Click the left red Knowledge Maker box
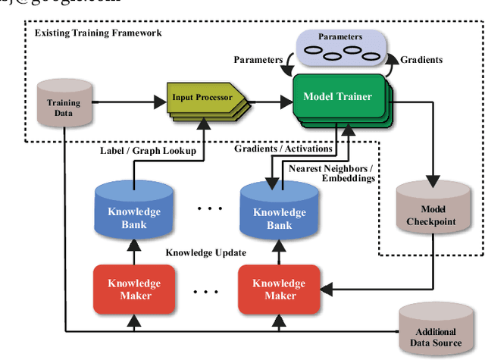click(133, 289)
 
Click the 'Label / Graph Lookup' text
click(148, 151)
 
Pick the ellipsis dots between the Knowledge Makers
click(205, 290)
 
